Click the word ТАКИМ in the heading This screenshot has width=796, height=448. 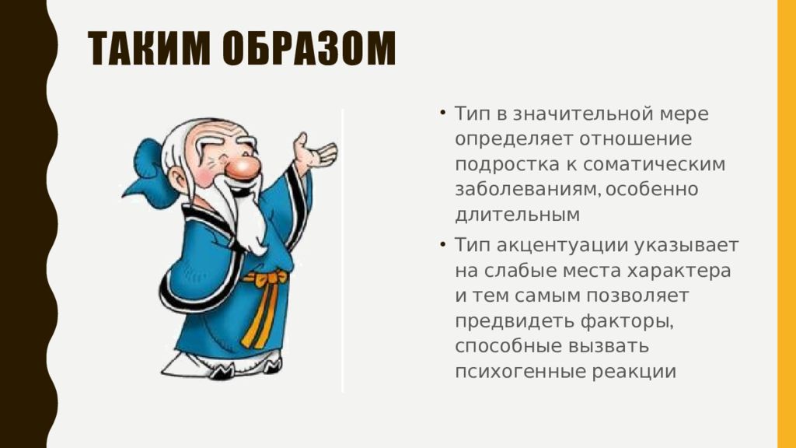pos(148,49)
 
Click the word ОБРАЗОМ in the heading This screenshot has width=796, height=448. pos(309,49)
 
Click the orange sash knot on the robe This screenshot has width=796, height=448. pos(264,278)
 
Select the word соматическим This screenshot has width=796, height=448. pos(654,165)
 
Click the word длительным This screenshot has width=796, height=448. pos(517,215)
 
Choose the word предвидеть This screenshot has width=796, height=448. pos(515,321)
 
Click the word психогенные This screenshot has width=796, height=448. pos(520,372)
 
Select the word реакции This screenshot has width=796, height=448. pos(634,372)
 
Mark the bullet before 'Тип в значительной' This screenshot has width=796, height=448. pos(443,112)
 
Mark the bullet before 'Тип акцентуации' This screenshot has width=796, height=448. pos(443,244)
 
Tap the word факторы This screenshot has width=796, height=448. pos(627,321)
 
